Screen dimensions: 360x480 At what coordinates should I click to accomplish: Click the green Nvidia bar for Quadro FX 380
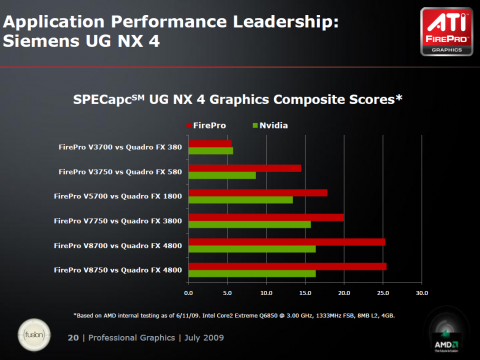(x=210, y=151)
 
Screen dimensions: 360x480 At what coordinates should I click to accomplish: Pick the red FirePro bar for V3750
(x=244, y=168)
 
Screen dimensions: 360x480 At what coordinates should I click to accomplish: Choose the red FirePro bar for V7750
(x=266, y=217)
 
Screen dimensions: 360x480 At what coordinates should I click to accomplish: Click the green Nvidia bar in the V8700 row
(x=252, y=248)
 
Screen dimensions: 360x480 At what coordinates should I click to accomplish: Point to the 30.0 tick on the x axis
(x=421, y=293)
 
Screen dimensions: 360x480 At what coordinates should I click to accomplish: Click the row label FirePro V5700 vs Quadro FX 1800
(x=118, y=195)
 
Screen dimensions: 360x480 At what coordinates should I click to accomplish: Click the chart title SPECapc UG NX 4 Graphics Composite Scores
(x=238, y=99)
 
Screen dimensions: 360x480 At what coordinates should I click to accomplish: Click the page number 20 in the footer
(x=72, y=338)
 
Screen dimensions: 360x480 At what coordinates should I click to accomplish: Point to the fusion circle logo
(x=30, y=331)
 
